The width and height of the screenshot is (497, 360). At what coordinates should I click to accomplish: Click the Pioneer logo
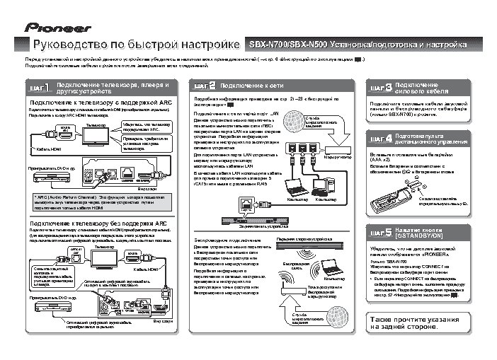coord(59,28)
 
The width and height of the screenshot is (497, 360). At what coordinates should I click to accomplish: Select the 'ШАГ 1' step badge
coord(40,88)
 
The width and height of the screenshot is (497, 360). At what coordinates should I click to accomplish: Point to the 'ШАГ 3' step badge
coord(376,88)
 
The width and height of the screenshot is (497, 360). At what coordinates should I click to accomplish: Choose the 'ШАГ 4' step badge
coord(376,139)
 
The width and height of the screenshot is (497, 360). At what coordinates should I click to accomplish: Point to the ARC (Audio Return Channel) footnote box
coord(100,202)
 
